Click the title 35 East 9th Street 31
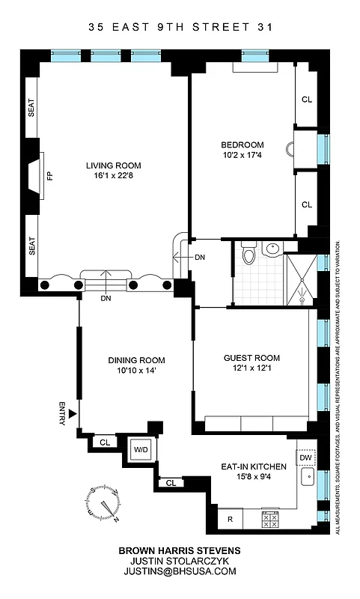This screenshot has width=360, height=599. tap(180, 28)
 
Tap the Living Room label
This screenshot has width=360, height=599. tap(113, 165)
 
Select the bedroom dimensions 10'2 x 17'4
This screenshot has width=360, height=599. tap(242, 155)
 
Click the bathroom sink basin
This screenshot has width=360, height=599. tap(273, 249)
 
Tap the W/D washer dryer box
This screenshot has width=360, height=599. tap(141, 449)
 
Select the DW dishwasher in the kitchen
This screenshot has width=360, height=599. tap(305, 457)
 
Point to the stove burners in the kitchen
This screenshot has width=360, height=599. tap(270, 517)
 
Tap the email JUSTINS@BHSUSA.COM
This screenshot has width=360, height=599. tap(180, 571)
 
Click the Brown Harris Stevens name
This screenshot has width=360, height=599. tap(180, 549)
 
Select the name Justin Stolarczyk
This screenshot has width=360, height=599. tap(180, 560)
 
